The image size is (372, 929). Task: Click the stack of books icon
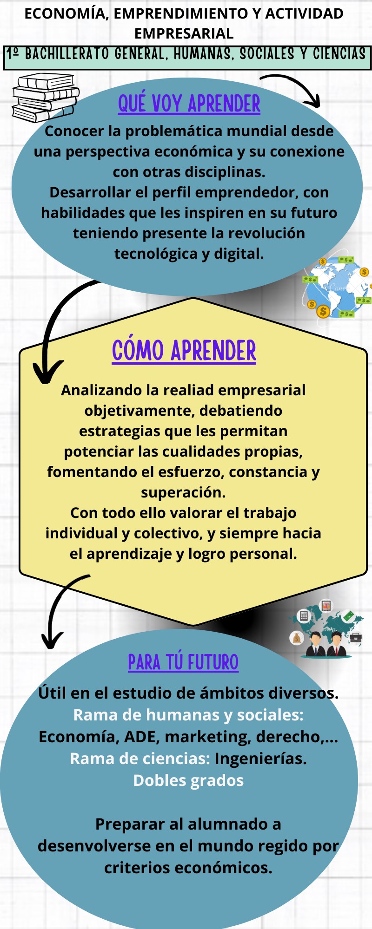tap(45, 97)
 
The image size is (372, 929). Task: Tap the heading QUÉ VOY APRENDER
tap(189, 104)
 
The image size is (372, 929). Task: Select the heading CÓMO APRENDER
tap(184, 351)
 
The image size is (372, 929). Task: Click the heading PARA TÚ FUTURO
tap(183, 662)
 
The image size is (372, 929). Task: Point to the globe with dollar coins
tap(337, 288)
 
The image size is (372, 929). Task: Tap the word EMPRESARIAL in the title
tap(184, 33)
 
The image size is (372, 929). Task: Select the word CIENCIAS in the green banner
tap(339, 54)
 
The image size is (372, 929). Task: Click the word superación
tap(183, 492)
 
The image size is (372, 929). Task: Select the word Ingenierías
tap(260, 759)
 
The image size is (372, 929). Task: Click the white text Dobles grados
tap(188, 780)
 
